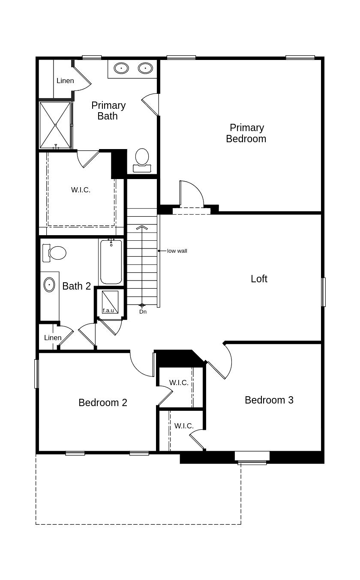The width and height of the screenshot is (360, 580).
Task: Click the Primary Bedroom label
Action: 246,133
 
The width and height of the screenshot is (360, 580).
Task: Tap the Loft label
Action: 259,279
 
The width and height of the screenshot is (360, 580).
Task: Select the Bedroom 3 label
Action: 269,400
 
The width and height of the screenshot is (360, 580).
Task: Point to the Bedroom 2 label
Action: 103,403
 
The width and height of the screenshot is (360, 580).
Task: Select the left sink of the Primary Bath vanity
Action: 121,68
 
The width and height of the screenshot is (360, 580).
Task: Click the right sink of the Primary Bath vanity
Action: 145,68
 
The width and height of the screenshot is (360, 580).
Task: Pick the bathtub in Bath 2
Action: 111,262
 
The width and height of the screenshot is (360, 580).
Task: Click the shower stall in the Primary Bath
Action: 55,125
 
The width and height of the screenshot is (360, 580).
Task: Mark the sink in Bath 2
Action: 49,285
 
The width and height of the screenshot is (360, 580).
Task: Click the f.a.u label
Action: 108,310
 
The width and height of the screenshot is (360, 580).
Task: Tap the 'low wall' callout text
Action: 177,251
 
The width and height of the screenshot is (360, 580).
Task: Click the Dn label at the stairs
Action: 143,312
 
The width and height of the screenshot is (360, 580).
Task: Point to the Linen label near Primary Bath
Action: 65,81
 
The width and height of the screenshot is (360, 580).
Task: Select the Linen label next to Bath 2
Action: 53,338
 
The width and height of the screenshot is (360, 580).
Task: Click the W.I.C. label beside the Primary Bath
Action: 81,190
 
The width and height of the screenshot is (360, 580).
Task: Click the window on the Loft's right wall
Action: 323,292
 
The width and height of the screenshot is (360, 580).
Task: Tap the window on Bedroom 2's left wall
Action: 36,374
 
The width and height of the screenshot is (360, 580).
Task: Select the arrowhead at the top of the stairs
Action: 142,227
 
